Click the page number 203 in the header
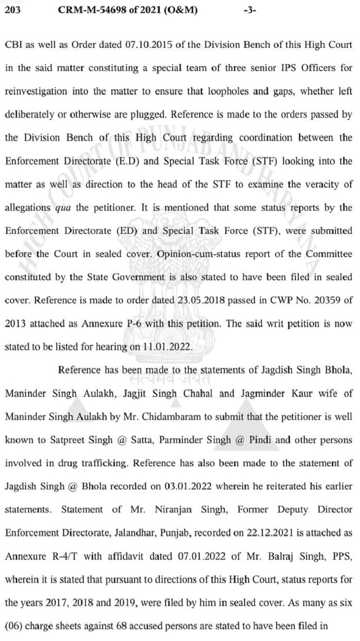point(12,9)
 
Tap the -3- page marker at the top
point(250,9)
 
